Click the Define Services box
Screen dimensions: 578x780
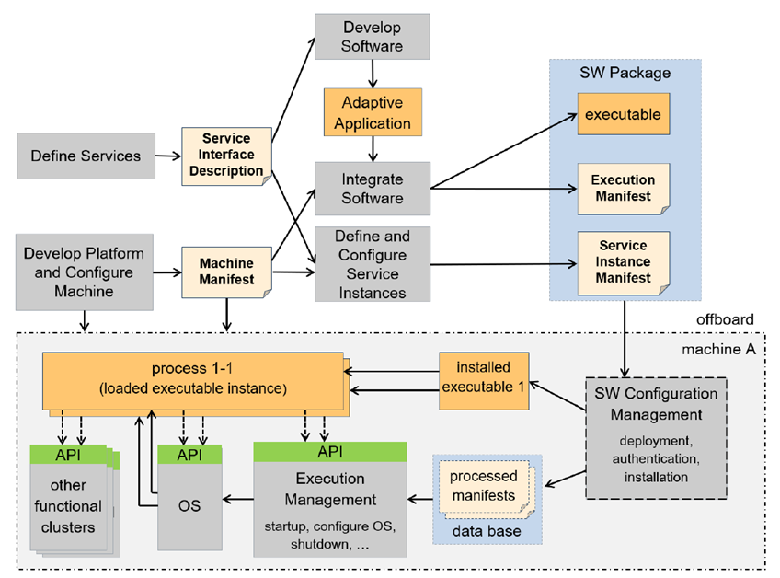[x=86, y=156]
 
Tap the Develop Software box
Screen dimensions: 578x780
[x=372, y=37]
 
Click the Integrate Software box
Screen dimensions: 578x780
[x=372, y=187]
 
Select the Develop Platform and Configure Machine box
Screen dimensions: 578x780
[x=85, y=272]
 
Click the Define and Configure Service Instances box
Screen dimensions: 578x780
[x=372, y=264]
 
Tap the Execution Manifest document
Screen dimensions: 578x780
[x=623, y=189]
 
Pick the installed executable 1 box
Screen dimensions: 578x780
[x=484, y=379]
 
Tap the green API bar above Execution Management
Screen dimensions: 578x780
[x=329, y=452]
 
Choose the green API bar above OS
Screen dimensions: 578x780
[x=189, y=455]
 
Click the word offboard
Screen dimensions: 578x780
[x=726, y=319]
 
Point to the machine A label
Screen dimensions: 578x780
[x=718, y=350]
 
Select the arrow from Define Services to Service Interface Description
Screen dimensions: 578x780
[x=168, y=156]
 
